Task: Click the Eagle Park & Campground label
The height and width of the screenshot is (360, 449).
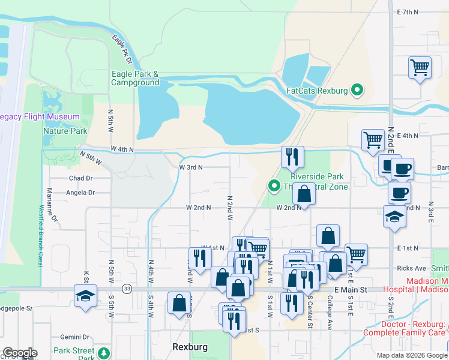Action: (135, 78)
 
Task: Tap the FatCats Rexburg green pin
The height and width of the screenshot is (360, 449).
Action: (358, 91)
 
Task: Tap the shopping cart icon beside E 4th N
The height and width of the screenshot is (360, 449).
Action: (373, 140)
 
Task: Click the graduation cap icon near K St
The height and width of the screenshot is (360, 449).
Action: (85, 295)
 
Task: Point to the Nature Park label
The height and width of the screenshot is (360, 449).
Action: (65, 131)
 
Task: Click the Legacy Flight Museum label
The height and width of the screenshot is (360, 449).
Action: (40, 116)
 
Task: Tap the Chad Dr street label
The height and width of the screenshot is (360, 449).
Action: (80, 178)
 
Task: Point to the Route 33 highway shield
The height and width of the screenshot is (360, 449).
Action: (127, 289)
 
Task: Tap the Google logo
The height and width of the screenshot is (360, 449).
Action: (20, 353)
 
